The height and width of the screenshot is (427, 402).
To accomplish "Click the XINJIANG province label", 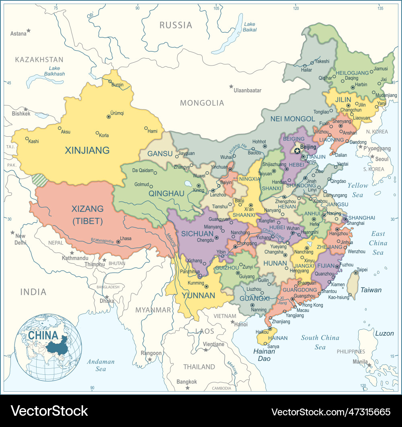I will point(87,150).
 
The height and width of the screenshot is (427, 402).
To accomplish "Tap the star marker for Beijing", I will point(297,151).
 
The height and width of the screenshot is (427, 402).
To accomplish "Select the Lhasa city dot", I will point(118,242).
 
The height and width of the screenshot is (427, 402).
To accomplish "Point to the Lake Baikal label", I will point(250,27).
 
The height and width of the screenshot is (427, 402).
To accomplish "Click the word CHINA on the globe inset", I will point(43,335).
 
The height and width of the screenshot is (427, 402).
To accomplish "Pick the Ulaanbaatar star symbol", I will point(231,86).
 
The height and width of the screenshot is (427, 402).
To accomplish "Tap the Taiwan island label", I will point(371,290).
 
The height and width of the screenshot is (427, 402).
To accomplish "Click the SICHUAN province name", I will point(197,234).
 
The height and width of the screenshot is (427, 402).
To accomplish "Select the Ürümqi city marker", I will point(109,117).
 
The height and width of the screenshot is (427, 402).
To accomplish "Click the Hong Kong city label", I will point(313,305).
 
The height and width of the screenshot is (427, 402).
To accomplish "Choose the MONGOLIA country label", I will point(202,103).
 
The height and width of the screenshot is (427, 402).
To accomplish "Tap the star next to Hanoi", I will point(232,322).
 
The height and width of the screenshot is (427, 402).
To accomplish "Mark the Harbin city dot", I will point(353,87).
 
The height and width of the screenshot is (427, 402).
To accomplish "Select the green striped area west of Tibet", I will point(39,179).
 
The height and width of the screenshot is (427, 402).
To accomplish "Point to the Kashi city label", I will point(34,142).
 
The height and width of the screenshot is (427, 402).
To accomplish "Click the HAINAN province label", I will point(278,338).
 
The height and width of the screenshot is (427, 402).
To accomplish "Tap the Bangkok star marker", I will point(187,388).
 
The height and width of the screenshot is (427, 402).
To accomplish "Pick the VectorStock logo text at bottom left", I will point(49,411).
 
